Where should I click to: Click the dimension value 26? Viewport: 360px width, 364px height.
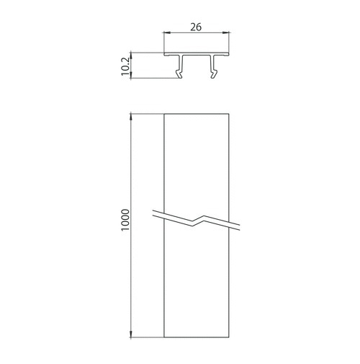click(x=196, y=27)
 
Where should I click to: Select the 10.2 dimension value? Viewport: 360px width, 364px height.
click(x=125, y=66)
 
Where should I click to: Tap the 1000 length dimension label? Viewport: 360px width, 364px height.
click(x=125, y=220)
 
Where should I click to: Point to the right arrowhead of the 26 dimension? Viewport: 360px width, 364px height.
click(x=226, y=32)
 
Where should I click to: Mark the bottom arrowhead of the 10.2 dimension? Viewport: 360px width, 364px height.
click(x=131, y=75)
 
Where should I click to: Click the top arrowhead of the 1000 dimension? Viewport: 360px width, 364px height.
click(x=131, y=117)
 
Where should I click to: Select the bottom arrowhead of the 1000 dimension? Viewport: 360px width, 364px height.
click(x=131, y=334)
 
